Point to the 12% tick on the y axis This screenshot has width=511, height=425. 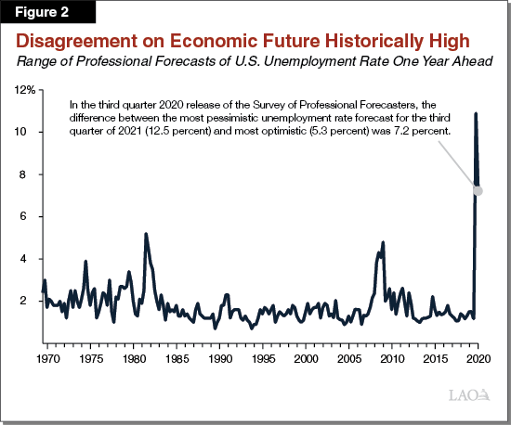[x=26, y=90]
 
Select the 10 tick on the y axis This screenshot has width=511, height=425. [x=30, y=133]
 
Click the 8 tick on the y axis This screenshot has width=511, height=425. [x=33, y=174]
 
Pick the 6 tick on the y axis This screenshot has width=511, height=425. [x=33, y=217]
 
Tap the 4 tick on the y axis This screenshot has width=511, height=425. [x=33, y=259]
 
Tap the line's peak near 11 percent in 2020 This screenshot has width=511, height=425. [x=477, y=114]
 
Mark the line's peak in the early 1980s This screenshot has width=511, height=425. [x=146, y=234]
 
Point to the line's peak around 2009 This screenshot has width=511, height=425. [x=383, y=242]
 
